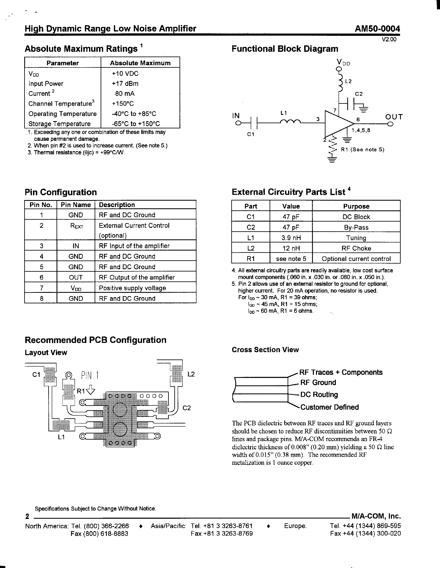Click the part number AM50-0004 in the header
point(377,29)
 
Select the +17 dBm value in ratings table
point(125,84)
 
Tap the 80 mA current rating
point(125,94)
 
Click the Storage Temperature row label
point(60,124)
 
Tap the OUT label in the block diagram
point(394,117)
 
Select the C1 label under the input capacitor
point(250,134)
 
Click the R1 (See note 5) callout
point(363,150)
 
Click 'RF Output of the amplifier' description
point(137,277)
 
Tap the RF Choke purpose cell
point(356,248)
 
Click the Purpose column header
point(356,206)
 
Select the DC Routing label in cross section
point(319,394)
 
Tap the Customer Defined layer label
point(329,407)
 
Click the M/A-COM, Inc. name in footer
point(376,516)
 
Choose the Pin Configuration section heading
point(61,192)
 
